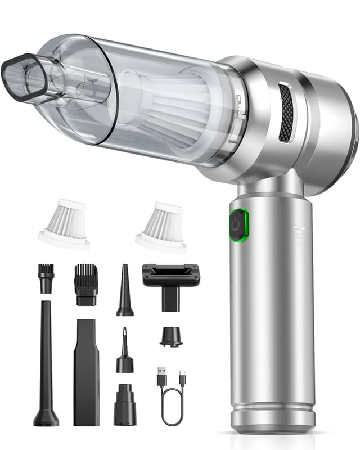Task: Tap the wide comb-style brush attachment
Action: [x=85, y=283]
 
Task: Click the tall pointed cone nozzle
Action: [x=124, y=291]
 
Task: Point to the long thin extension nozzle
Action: [x=46, y=366]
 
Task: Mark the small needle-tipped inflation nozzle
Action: [x=124, y=352]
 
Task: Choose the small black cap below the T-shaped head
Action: [x=170, y=336]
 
